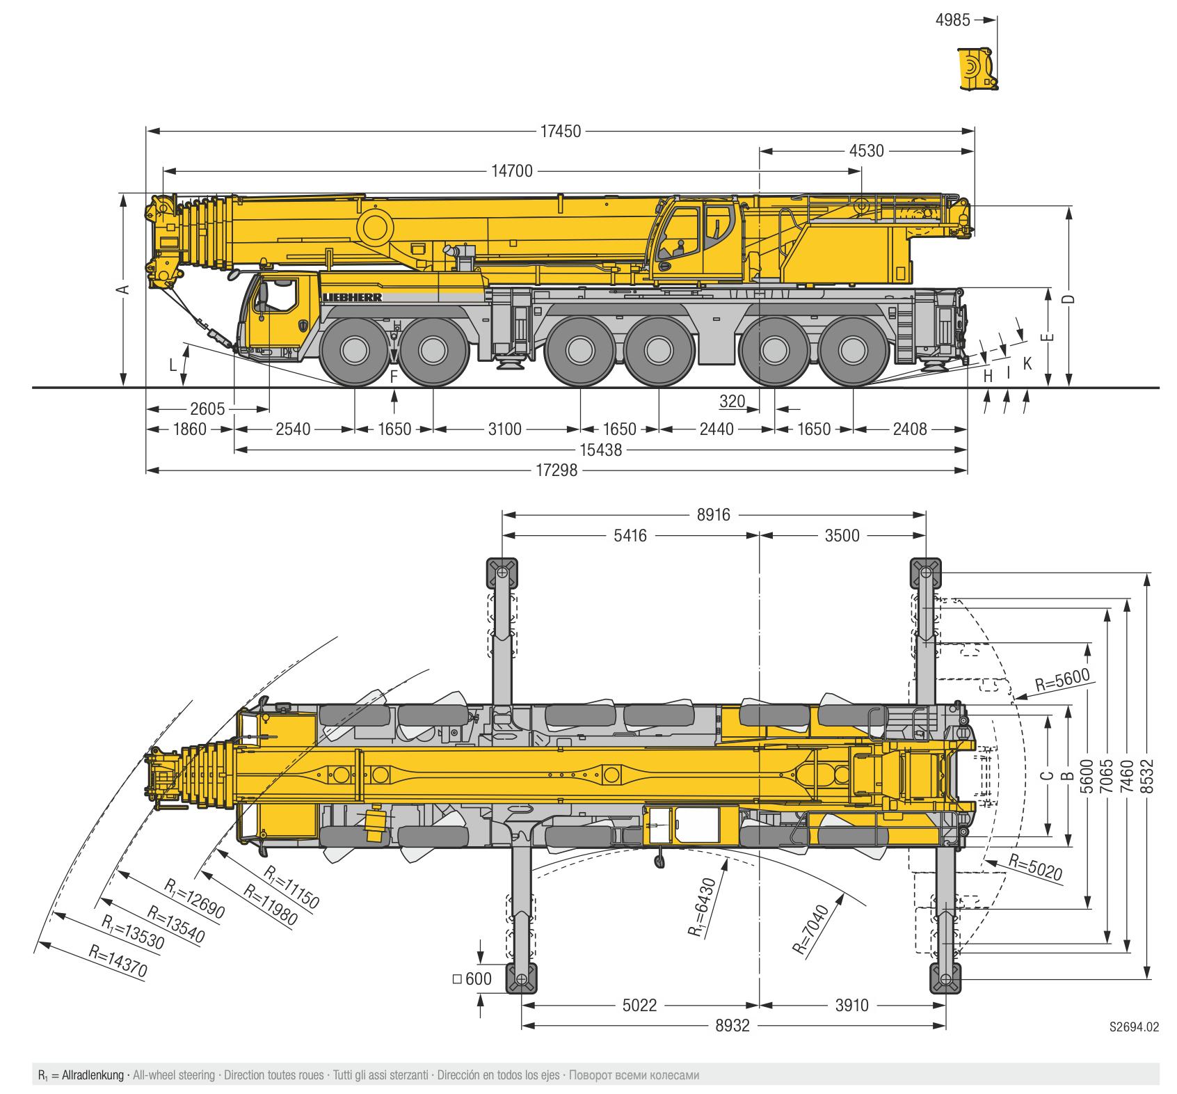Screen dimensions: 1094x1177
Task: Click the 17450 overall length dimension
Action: (x=561, y=130)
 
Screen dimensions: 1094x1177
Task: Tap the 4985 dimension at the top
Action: (x=952, y=20)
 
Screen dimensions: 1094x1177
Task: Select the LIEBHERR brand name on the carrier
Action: (x=352, y=297)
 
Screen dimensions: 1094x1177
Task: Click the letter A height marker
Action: (x=123, y=290)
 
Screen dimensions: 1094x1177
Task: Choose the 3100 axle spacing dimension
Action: (x=504, y=429)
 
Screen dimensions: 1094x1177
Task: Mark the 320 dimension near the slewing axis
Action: (x=732, y=402)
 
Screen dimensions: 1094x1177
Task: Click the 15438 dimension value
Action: (x=601, y=450)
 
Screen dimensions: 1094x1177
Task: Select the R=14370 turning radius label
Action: (x=118, y=962)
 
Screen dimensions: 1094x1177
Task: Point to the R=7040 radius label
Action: (x=811, y=929)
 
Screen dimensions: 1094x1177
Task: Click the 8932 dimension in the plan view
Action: (x=732, y=1025)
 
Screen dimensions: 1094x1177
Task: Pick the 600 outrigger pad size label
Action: (x=478, y=978)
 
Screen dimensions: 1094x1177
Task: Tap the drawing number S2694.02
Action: (x=1135, y=1026)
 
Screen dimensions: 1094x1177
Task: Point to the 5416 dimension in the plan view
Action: (x=631, y=535)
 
